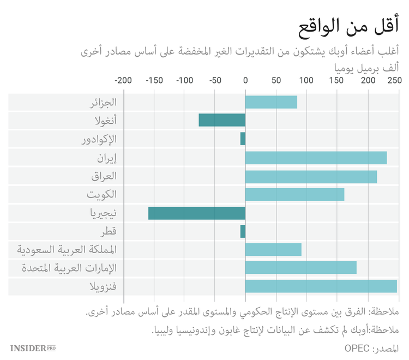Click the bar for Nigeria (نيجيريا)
pyautogui.click(x=196, y=213)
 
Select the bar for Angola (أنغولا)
pyautogui.click(x=221, y=121)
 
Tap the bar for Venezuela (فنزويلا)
pyautogui.click(x=321, y=287)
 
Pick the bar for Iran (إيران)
pyautogui.click(x=316, y=158)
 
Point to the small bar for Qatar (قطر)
pyautogui.click(x=243, y=232)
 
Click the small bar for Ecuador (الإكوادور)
pyautogui.click(x=243, y=139)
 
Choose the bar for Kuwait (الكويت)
pyautogui.click(x=294, y=195)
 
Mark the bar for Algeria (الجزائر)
pyautogui.click(x=271, y=102)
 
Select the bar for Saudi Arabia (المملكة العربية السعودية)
pyautogui.click(x=273, y=250)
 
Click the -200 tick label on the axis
pyautogui.click(x=124, y=81)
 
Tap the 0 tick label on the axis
pyautogui.click(x=245, y=81)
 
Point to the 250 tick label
pyautogui.click(x=394, y=81)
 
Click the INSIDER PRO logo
pyautogui.click(x=33, y=348)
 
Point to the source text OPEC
pyautogui.click(x=358, y=348)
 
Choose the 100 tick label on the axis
pyautogui.click(x=306, y=81)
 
